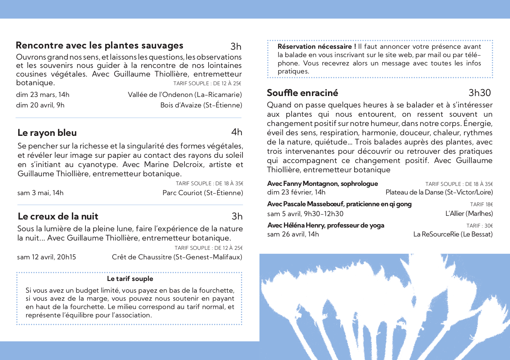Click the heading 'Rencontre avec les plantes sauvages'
coord(99,45)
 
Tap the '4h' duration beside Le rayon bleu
coord(237,132)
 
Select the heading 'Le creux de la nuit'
coord(58,216)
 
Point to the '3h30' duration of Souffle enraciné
coord(479,93)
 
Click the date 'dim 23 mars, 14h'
coord(43,95)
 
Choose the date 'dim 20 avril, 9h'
coord(40,105)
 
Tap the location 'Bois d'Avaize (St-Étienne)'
coord(201,105)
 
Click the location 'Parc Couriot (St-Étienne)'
coord(203,193)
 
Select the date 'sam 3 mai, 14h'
coord(40,193)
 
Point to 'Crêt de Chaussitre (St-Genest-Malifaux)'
coord(177,257)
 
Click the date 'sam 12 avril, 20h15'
coord(47,257)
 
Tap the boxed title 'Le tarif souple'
coord(130,279)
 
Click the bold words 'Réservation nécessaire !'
coord(317,47)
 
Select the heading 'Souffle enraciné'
coord(302,93)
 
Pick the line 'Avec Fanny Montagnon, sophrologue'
coord(322,184)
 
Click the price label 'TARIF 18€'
coord(481,204)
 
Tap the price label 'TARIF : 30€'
coord(479,226)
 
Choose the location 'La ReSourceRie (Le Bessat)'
coord(453,234)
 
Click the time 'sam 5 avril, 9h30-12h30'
coord(305,214)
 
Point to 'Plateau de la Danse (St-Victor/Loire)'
coord(439,192)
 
